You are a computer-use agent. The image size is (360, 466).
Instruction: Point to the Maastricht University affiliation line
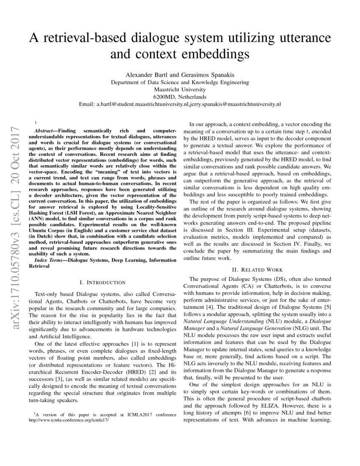click(x=180, y=89)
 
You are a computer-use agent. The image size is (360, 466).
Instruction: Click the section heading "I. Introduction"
click(x=102, y=282)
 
